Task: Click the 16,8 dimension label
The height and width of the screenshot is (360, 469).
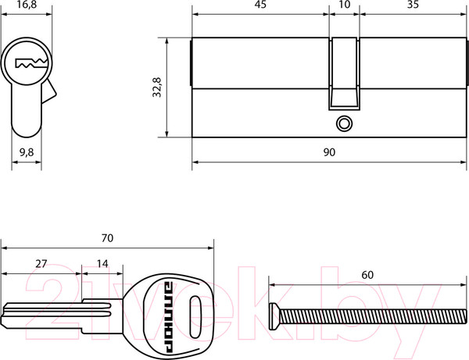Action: click(x=27, y=5)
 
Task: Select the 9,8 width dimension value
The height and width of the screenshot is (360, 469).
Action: click(x=27, y=152)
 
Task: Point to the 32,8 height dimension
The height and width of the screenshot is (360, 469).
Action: click(x=157, y=87)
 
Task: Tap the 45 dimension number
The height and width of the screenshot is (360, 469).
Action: click(x=260, y=4)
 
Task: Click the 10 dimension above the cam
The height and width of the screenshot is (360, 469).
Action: click(x=345, y=4)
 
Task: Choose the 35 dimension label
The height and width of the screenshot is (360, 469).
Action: click(x=413, y=4)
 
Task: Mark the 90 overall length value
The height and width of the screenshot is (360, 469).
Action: click(x=329, y=152)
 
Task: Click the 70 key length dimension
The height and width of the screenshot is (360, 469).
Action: click(x=107, y=238)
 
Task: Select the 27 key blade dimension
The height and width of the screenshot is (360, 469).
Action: click(x=41, y=264)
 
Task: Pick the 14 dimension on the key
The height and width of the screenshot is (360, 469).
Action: click(x=102, y=264)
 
